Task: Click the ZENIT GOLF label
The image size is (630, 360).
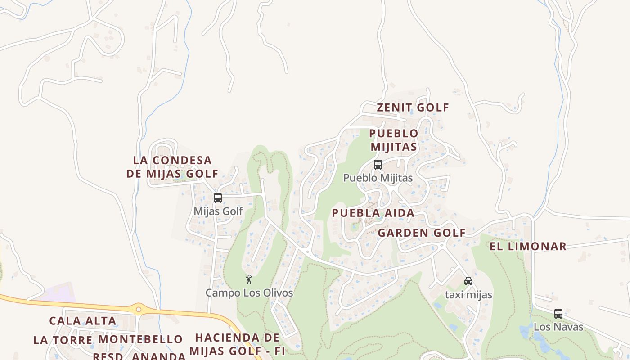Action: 413,108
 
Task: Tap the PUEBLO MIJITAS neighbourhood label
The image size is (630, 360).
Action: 394,140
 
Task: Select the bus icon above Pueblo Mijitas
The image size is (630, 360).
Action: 378,165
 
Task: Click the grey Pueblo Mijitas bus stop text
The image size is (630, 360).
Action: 378,178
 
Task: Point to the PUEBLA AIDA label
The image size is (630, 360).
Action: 373,213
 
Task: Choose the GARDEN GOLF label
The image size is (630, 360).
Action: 422,233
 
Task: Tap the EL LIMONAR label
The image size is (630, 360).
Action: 528,246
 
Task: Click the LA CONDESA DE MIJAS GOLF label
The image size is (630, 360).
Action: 172,167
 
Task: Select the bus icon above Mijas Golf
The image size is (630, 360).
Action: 218,198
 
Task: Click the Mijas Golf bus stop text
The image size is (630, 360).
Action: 218,211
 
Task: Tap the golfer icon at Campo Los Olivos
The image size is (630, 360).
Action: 249,279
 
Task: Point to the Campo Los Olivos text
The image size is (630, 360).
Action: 249,293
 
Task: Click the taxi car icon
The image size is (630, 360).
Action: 468,281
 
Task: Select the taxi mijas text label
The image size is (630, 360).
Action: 468,295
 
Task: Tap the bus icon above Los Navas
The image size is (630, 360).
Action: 558,314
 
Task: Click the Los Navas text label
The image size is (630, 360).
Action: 558,327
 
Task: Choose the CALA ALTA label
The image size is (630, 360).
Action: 83,321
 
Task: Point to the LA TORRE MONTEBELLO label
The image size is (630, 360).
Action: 108,339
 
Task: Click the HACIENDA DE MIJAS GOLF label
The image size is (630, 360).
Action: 234,344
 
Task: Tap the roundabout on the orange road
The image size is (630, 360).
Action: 139,309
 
